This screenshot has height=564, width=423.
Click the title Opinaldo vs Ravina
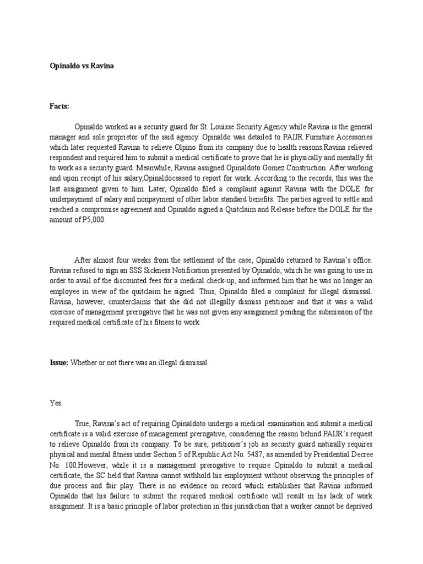tap(81, 65)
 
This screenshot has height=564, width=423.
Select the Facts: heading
tap(60, 106)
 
